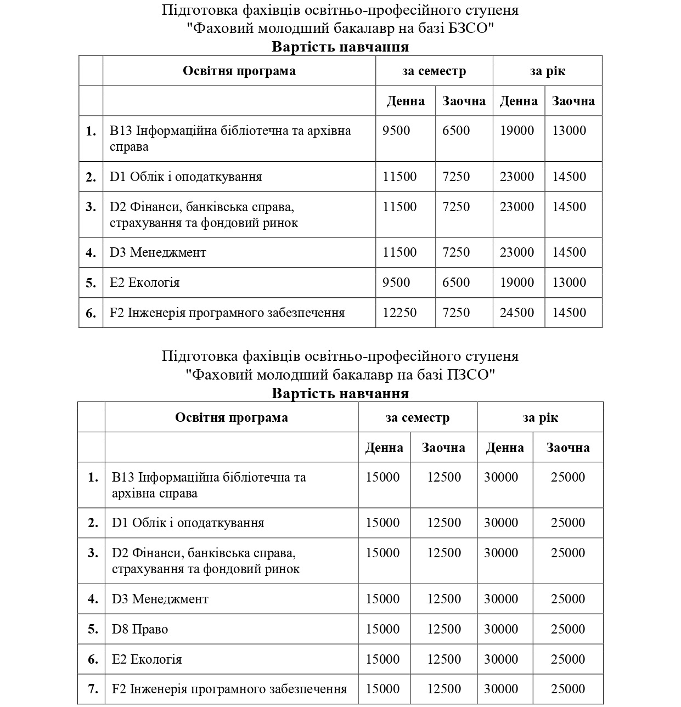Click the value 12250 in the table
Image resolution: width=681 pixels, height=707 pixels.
coord(399,313)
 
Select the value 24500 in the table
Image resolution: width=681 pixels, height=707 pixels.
coord(517,313)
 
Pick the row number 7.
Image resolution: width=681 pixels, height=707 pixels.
coord(93,689)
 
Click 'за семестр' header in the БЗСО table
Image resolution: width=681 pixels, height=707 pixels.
coord(434,71)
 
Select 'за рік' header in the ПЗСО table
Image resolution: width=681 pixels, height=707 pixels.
coord(540,417)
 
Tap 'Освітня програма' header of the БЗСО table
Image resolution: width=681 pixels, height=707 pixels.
coord(239,71)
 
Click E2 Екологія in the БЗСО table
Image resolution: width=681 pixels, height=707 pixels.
coord(144,282)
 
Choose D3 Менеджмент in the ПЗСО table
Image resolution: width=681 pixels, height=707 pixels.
coord(160,599)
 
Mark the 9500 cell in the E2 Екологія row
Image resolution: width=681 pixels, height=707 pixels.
coord(396,282)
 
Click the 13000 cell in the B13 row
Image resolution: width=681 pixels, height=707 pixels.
coord(569,131)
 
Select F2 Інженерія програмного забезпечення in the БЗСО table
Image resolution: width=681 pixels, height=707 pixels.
coord(227,313)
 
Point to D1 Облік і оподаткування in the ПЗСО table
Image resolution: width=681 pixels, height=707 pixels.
coord(188,523)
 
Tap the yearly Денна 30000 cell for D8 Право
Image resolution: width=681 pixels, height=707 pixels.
coord(501,629)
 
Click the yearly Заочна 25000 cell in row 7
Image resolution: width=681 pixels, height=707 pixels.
coord(568,689)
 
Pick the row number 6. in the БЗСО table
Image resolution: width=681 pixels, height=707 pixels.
coord(91,313)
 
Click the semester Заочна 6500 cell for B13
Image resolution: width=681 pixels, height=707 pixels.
coord(456,131)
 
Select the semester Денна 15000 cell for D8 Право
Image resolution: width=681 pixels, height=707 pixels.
coord(382,629)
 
